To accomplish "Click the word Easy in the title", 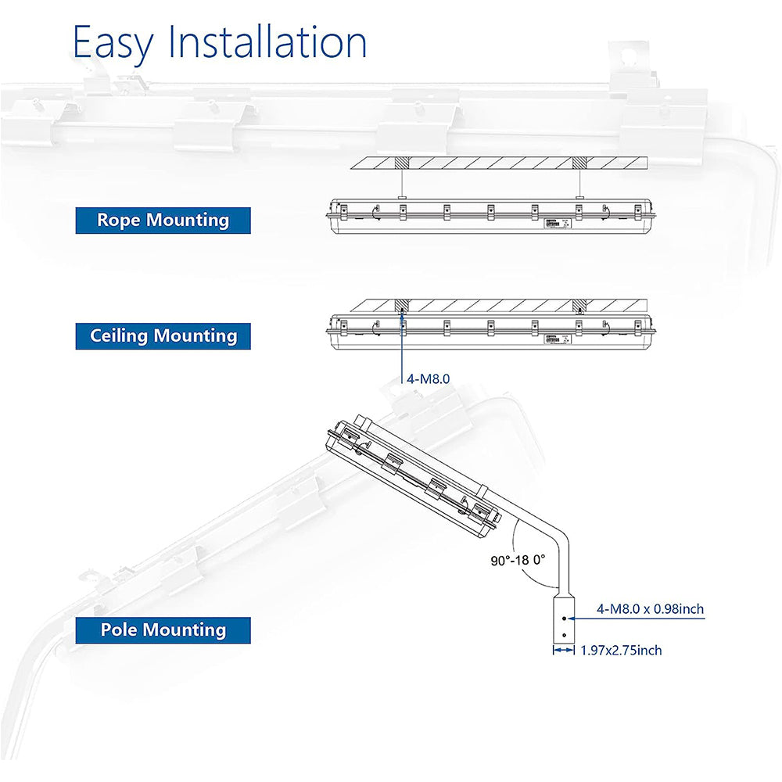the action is (113, 43).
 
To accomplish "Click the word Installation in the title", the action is (268, 41).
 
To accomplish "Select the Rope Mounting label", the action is (163, 221).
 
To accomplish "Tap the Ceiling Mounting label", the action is (163, 336).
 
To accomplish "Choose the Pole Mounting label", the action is (163, 630).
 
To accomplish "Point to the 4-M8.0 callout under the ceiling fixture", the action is (428, 379).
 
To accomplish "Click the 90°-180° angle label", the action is (518, 560).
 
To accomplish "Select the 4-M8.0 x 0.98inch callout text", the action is (651, 609).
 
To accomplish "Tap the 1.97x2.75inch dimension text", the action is (622, 651).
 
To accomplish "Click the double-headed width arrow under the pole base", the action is (564, 650).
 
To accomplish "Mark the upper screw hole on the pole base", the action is (564, 619).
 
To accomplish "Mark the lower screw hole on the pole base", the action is (564, 635).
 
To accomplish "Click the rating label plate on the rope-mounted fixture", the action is (558, 224).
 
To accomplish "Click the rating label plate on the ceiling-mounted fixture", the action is (558, 339).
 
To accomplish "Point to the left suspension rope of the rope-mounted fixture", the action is (402, 182).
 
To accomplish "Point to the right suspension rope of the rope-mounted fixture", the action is (579, 182).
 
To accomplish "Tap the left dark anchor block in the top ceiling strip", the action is (402, 163).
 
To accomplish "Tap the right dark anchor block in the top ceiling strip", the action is (579, 163).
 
